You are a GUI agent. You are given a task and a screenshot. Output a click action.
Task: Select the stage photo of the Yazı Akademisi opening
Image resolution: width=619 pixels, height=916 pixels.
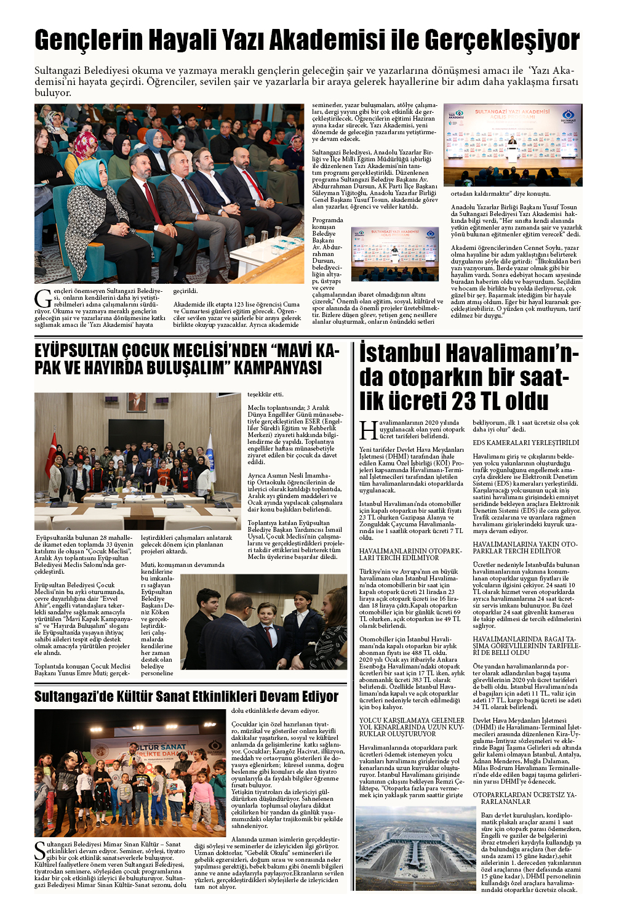click(x=513, y=145)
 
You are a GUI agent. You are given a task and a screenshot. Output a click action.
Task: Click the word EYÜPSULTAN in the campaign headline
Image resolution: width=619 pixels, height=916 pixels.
click(x=76, y=351)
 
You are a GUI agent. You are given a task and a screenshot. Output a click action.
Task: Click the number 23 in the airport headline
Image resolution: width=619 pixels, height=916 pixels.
click(x=467, y=401)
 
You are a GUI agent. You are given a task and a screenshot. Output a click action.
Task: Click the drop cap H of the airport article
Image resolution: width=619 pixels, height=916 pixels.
click(x=368, y=430)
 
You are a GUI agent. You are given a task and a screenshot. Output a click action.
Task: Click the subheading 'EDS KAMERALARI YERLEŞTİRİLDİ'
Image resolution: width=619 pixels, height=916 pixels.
click(x=525, y=443)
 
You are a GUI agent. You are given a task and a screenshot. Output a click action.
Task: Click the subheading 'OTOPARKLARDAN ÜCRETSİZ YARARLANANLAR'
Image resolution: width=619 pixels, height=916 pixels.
click(x=525, y=798)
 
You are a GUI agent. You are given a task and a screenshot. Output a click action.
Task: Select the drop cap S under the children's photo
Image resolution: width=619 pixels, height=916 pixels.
click(x=40, y=850)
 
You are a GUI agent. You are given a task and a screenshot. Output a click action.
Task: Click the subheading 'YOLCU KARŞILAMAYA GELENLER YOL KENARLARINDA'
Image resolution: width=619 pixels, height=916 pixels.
click(x=412, y=727)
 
